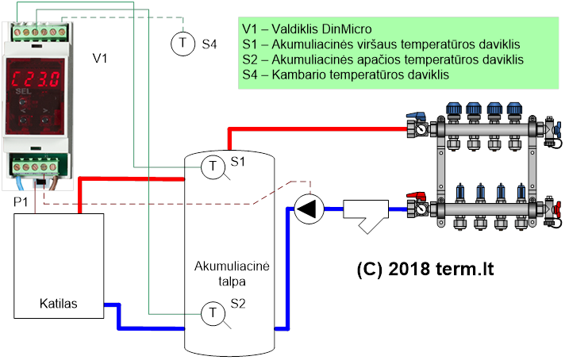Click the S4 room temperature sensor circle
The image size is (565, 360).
183,44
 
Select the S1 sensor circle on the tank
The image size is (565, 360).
213,167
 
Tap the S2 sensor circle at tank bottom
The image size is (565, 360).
213,313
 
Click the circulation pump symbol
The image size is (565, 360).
309,209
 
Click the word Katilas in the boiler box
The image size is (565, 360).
59,304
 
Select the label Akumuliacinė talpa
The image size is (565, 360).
232,274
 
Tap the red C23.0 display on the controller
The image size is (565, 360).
35,79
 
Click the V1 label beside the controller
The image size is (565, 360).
100,59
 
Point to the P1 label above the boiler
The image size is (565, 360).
21,202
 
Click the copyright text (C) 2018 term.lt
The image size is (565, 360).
425,269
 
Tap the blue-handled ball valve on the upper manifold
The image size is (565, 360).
416,117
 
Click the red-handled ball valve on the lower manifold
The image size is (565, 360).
416,196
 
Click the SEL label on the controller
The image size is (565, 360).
24,91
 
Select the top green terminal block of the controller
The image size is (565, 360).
39,32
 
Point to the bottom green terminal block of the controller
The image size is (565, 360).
35,167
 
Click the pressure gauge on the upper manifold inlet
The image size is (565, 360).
420,128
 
